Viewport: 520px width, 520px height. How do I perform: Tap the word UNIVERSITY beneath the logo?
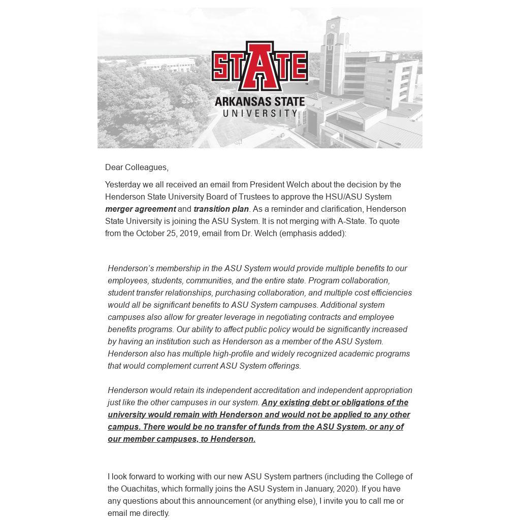point(260,113)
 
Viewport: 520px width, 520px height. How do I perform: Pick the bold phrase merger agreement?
point(140,209)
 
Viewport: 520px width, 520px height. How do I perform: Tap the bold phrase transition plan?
point(221,209)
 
